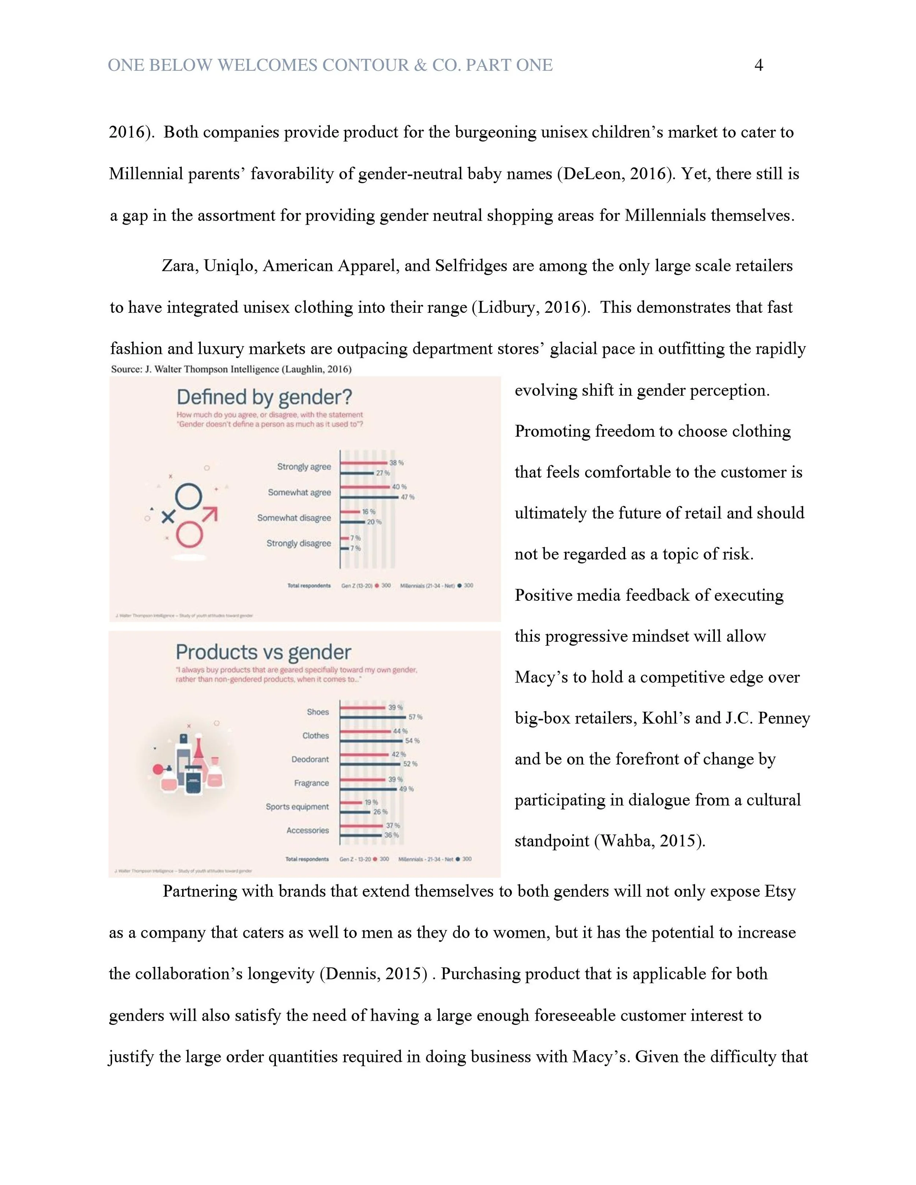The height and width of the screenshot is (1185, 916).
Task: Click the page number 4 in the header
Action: coord(758,65)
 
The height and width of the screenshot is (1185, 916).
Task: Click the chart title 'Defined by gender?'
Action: coord(264,397)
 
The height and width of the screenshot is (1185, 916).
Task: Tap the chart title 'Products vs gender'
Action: coord(263,652)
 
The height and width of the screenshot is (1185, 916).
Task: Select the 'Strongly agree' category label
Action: coord(304,467)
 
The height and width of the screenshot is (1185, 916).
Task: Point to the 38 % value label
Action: coord(397,463)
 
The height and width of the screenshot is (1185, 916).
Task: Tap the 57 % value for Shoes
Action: coord(415,717)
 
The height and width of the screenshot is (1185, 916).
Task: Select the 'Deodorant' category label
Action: coord(310,759)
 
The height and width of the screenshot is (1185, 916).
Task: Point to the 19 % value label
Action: coord(371,802)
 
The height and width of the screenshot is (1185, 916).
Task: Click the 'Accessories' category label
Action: coord(308,830)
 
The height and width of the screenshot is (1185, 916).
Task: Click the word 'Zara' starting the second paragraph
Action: coord(180,266)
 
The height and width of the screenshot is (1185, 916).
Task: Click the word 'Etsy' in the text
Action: coord(780,892)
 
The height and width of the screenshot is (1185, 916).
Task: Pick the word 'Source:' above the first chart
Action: coord(126,369)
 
